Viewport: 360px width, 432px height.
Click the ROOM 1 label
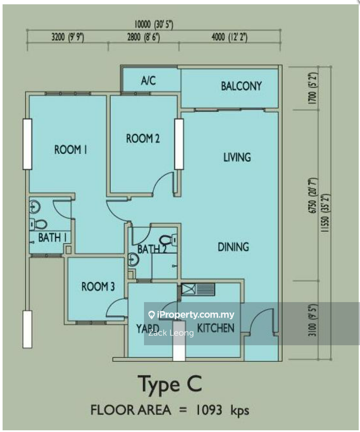(71, 150)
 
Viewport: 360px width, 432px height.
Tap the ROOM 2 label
(143, 138)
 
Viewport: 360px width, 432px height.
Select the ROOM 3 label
(98, 287)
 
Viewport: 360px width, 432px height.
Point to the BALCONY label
(241, 86)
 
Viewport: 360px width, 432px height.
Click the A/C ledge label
(148, 80)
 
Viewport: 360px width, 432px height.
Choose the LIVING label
(237, 158)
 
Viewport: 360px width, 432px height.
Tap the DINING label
(233, 247)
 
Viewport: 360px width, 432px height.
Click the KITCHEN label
(216, 328)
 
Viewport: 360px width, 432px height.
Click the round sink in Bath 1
(34, 207)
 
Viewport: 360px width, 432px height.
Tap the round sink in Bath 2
(133, 259)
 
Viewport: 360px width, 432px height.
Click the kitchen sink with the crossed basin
(198, 289)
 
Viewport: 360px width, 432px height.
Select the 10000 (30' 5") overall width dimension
(153, 25)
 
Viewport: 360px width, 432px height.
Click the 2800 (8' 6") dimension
(144, 37)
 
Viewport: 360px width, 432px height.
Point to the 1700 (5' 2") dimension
(313, 88)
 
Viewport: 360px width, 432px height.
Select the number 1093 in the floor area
(209, 410)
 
